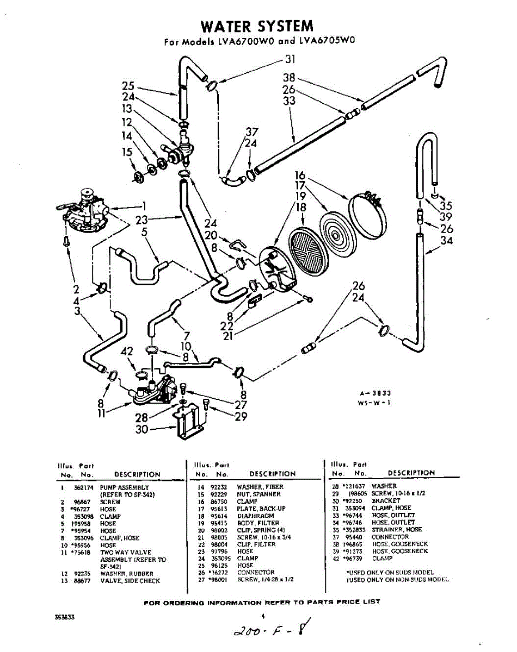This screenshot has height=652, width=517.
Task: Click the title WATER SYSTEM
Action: [257, 26]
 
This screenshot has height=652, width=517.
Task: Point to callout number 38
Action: [289, 78]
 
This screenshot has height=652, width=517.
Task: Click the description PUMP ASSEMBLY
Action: [124, 488]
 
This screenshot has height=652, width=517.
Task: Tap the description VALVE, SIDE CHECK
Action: [130, 581]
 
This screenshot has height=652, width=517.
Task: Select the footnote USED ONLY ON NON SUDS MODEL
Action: [397, 580]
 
